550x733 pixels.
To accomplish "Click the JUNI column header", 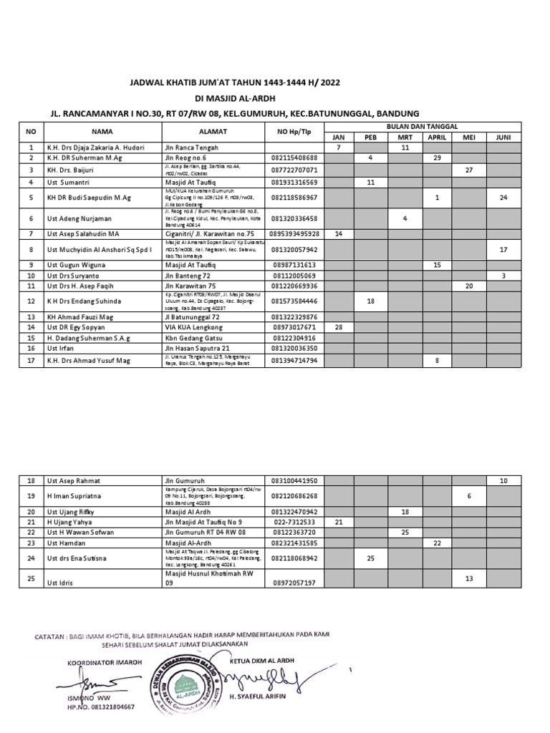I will [x=503, y=136].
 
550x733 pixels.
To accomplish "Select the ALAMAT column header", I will [x=213, y=132].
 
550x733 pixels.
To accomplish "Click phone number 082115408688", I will [x=295, y=157].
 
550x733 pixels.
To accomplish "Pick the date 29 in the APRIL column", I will [x=436, y=157].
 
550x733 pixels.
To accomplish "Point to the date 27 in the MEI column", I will [x=469, y=170].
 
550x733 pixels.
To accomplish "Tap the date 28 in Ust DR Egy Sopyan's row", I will [x=339, y=327].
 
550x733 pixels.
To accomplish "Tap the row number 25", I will [x=30, y=578].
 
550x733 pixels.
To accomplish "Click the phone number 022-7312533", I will [x=295, y=523].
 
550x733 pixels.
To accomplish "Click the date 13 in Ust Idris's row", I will [x=469, y=578].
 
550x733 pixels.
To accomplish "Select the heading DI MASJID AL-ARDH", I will [x=234, y=98].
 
